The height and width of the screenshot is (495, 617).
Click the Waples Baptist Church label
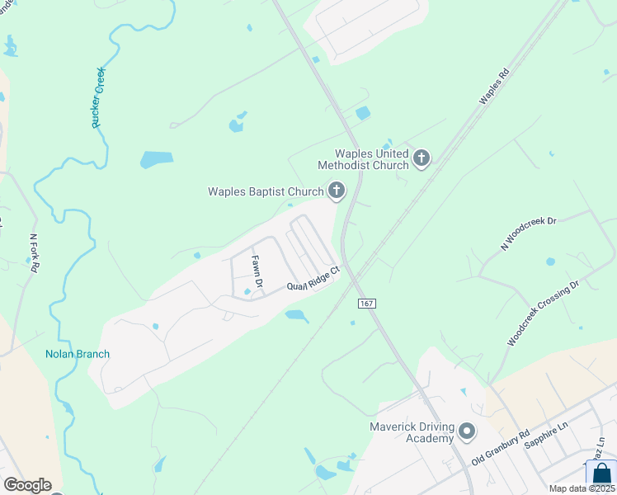265,192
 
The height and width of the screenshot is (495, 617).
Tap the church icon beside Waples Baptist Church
336,192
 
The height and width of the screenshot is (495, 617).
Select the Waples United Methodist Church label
371,159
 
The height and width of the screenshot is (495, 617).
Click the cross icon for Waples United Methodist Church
422,158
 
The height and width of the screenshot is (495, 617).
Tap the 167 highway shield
367,304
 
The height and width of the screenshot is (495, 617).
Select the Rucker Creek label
99,97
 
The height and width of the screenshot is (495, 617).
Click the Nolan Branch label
78,354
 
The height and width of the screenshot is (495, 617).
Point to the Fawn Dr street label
257,272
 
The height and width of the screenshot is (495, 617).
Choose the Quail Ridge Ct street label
313,279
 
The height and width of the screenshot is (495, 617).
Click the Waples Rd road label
496,85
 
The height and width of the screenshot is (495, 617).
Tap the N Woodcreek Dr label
530,233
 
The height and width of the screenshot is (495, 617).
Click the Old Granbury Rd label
500,446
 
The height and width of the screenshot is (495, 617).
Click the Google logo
27,485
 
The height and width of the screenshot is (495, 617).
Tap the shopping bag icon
601,474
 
